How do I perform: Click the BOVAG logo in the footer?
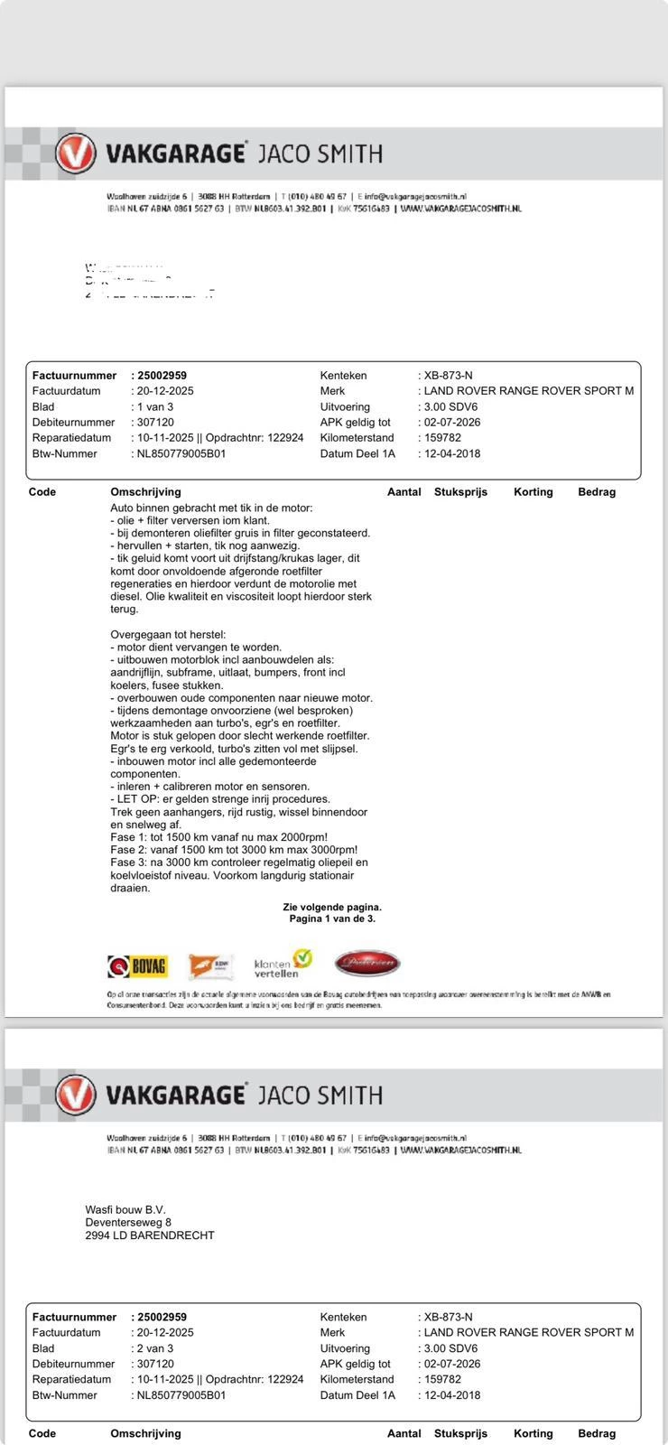click(137, 965)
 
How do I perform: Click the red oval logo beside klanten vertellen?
click(366, 964)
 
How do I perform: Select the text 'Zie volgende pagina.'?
click(332, 907)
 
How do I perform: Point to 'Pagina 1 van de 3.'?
click(332, 918)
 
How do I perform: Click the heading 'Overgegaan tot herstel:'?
click(168, 635)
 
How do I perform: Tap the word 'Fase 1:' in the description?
click(130, 837)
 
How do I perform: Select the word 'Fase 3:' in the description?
click(130, 862)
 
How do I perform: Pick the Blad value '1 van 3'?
click(154, 406)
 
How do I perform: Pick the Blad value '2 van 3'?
click(154, 1348)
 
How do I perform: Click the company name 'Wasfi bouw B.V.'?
click(125, 1210)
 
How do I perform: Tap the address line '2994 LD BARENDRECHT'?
click(150, 1235)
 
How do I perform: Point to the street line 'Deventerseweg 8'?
click(128, 1223)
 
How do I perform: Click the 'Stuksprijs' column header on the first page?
click(460, 492)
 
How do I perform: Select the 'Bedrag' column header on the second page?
click(597, 1433)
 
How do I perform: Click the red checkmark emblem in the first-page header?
click(75, 154)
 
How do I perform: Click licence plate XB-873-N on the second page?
click(448, 1317)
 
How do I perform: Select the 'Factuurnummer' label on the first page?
click(74, 376)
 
